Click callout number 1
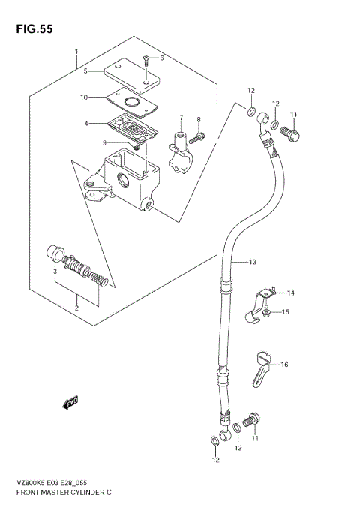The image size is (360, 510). click(x=76, y=52)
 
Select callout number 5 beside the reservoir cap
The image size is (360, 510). click(x=86, y=71)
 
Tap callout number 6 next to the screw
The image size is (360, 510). click(x=160, y=58)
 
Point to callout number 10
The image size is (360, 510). click(x=85, y=97)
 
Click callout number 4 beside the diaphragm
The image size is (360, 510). click(x=86, y=123)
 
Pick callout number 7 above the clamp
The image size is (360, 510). click(x=181, y=118)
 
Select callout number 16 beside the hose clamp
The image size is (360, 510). click(x=284, y=364)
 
